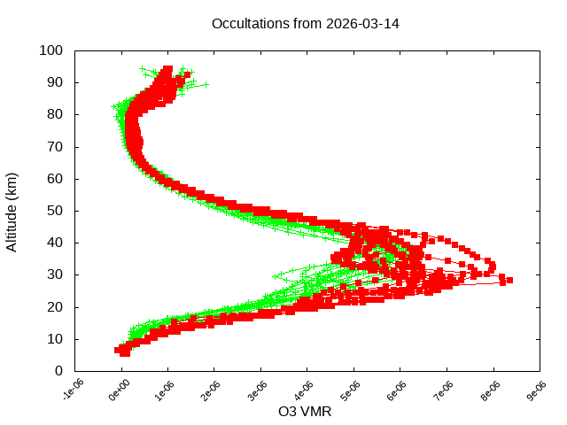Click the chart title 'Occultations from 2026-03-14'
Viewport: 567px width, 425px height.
pyautogui.click(x=305, y=23)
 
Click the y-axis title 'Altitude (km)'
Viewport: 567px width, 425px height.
pyautogui.click(x=12, y=211)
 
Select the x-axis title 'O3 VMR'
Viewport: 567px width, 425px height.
pyautogui.click(x=305, y=411)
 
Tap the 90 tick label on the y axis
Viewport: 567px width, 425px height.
pyautogui.click(x=54, y=82)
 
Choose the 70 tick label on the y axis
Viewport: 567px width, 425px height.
pyautogui.click(x=54, y=146)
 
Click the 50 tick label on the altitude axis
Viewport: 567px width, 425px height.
pyautogui.click(x=54, y=211)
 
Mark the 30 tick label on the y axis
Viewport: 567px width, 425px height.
pyautogui.click(x=54, y=274)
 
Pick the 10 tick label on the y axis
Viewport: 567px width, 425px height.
pyautogui.click(x=54, y=338)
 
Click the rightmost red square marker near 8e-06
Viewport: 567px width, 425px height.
pyautogui.click(x=509, y=280)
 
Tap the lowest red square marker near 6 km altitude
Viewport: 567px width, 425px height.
pyautogui.click(x=125, y=352)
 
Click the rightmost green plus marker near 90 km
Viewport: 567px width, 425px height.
pyautogui.click(x=205, y=84)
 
